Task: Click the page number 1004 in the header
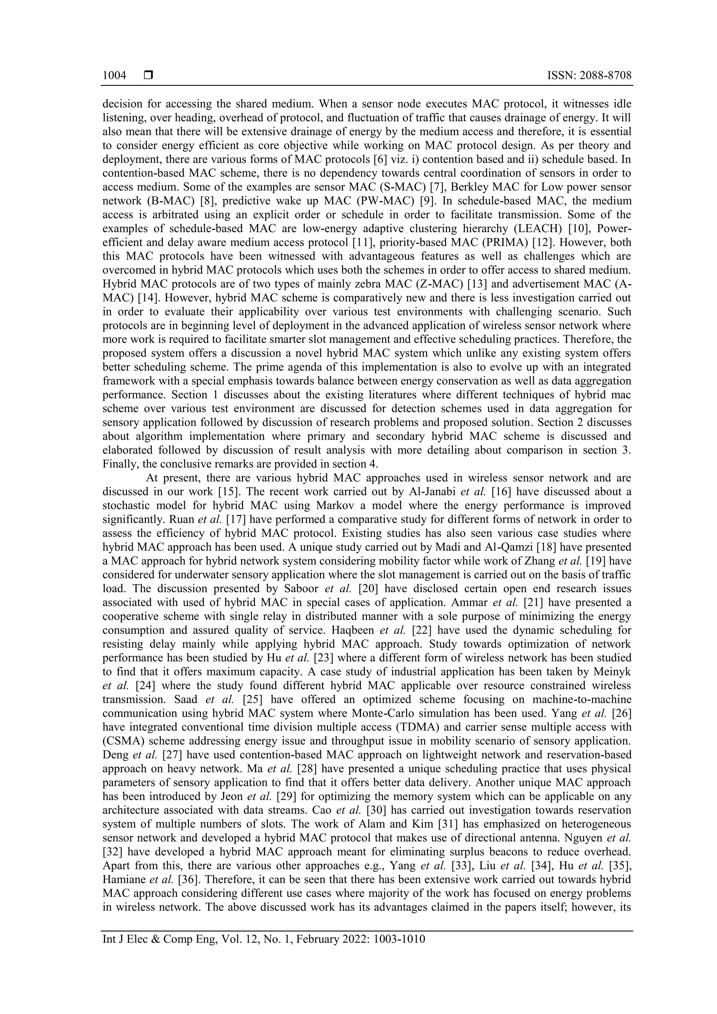114,76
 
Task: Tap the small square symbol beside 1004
148,76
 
